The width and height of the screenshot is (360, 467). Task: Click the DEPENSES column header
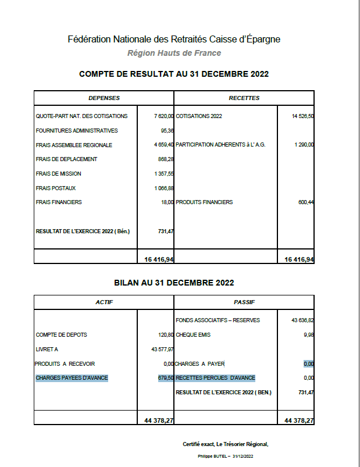[x=104, y=98]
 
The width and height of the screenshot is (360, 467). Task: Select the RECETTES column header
[x=244, y=98]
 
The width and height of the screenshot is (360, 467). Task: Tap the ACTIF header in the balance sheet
[x=104, y=302]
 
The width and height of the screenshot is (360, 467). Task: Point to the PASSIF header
[x=244, y=302]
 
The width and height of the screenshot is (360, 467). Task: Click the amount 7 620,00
[x=164, y=116]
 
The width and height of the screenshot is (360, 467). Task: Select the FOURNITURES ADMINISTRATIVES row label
[x=77, y=131]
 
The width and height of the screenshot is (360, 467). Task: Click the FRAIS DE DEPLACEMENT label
[x=66, y=159]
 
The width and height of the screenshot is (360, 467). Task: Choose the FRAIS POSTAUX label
[x=56, y=188]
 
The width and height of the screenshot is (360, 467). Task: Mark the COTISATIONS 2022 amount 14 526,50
[x=303, y=116]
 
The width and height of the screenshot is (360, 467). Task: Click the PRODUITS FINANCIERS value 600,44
[x=306, y=202]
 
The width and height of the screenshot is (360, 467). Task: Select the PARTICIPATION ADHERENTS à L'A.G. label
[x=220, y=145]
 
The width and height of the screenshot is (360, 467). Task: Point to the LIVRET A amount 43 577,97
[x=162, y=349]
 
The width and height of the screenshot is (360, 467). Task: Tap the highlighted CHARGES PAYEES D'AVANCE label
[x=72, y=378]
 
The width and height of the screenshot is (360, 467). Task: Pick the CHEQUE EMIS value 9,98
[x=309, y=335]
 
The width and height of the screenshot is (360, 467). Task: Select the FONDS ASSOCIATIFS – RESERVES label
[x=218, y=320]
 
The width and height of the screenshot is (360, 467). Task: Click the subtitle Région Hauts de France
[x=174, y=54]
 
